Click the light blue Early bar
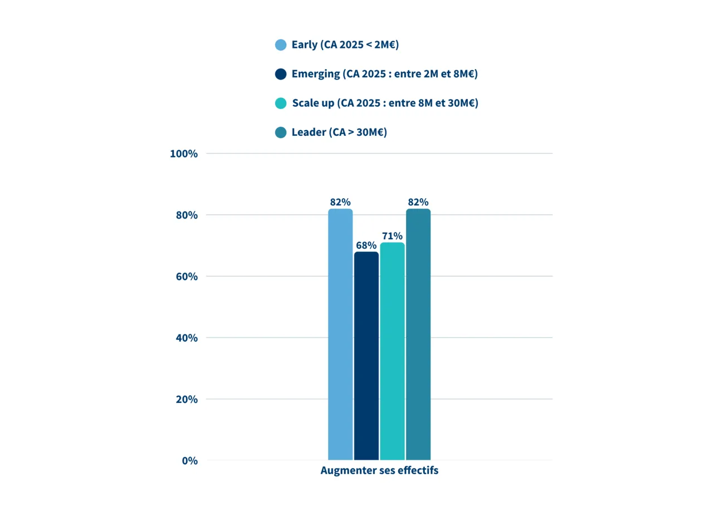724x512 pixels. (x=340, y=334)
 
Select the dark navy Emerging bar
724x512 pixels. (x=366, y=356)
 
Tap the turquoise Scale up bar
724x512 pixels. (x=392, y=351)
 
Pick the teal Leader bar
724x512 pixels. (x=418, y=334)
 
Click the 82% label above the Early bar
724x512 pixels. (x=340, y=202)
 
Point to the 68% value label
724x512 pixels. (x=366, y=245)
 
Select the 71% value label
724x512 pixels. (x=392, y=235)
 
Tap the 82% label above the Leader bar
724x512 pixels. (x=418, y=202)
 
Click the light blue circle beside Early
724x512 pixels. (x=281, y=45)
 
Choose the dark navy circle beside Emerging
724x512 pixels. (x=281, y=74)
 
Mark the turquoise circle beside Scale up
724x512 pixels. (x=281, y=103)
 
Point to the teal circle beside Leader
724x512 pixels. (x=281, y=132)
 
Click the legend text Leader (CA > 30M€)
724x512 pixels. (x=339, y=132)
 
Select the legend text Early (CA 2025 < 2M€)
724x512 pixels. (x=345, y=45)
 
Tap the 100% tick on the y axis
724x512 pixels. (x=184, y=154)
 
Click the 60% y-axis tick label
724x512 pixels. (x=186, y=277)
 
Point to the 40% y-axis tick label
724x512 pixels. (x=186, y=338)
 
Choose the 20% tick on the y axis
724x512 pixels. (x=186, y=400)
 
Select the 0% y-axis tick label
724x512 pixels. (x=189, y=461)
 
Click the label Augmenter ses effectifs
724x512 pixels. (x=379, y=471)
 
